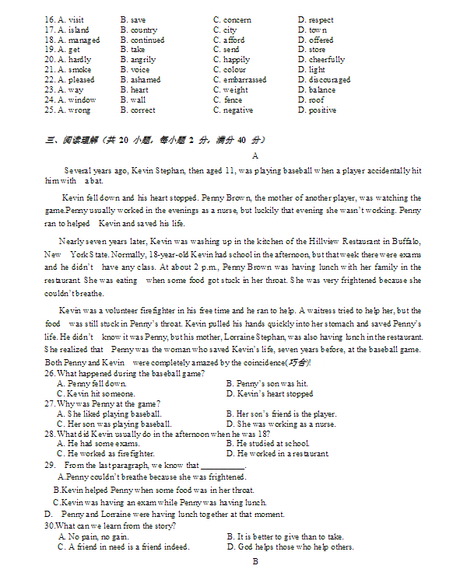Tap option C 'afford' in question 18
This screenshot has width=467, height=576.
coord(233,40)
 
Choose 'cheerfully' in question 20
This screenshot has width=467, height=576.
coord(326,60)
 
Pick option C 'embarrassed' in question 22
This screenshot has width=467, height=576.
coord(244,80)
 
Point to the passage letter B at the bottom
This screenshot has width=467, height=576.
coord(255,560)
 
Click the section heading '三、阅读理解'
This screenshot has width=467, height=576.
coord(66,140)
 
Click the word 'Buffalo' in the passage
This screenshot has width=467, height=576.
coord(405,242)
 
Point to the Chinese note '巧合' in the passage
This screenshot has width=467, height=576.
coord(297,363)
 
